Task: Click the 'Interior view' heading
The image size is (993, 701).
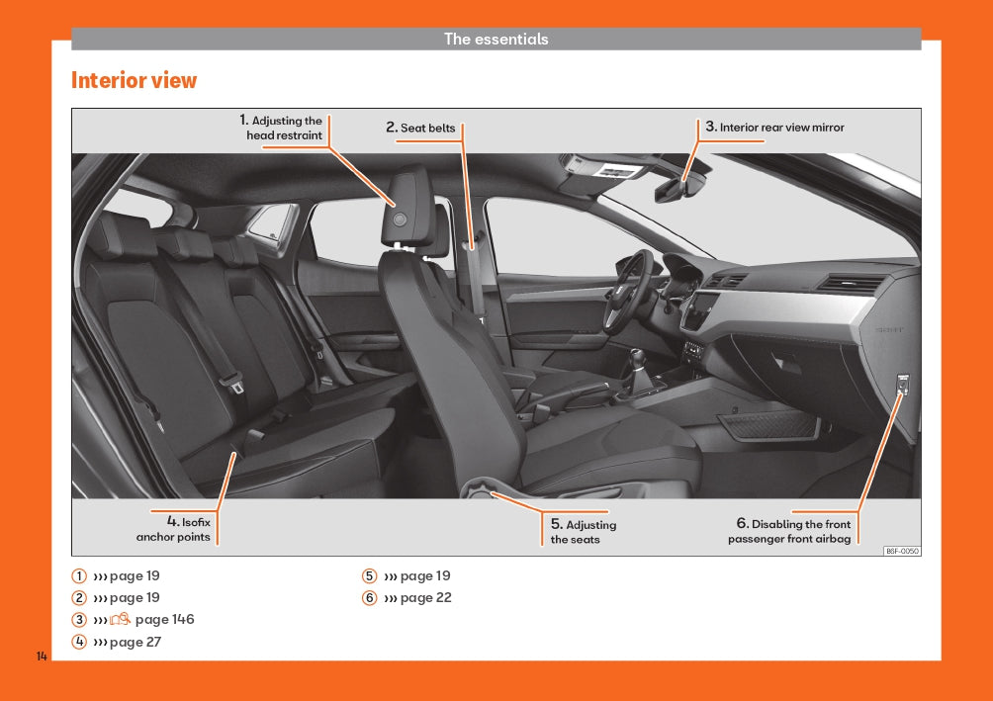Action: tap(134, 80)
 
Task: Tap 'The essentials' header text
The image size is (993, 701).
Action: tap(496, 39)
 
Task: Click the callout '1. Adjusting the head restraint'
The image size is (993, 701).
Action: tap(281, 128)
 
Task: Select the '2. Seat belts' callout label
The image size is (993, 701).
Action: tap(420, 128)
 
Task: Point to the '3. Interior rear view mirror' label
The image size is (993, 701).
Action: tap(774, 127)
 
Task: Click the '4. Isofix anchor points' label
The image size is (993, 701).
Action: tap(173, 529)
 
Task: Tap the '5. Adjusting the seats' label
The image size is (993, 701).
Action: tap(583, 531)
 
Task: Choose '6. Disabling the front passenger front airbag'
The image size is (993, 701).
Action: tap(789, 531)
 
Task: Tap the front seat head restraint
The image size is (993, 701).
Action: tap(407, 207)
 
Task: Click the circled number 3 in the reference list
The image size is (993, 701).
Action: tap(78, 619)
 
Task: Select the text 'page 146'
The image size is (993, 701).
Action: tap(164, 619)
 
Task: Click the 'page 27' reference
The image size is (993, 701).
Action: tap(135, 642)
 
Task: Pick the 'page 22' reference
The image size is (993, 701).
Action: tap(425, 597)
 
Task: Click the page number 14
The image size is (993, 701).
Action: tap(42, 657)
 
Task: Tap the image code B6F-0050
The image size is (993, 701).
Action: tap(902, 551)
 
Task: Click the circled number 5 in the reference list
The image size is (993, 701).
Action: tap(369, 575)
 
